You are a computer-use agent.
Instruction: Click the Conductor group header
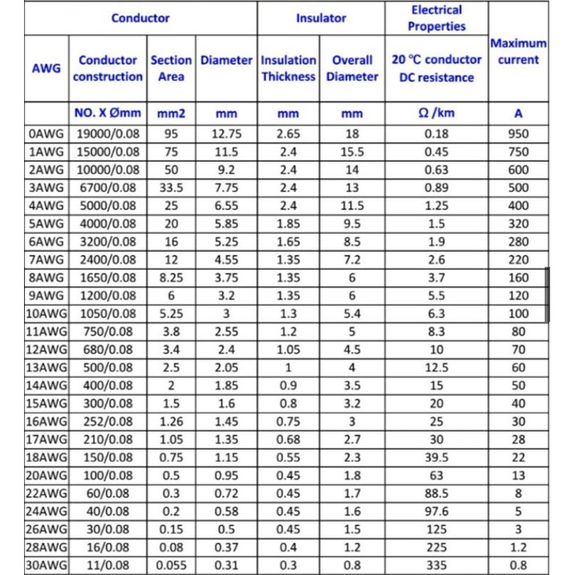pos(141,17)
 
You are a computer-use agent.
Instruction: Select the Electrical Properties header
pos(437,18)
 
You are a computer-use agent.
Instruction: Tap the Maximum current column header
pos(519,51)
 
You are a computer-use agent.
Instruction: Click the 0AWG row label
pos(47,134)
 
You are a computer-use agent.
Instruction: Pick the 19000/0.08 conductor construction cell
pos(108,134)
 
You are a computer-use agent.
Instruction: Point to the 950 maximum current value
pos(519,134)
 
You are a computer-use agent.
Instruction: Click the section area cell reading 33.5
pos(171,188)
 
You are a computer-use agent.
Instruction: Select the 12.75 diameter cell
pos(226,134)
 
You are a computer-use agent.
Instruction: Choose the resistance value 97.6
pos(437,512)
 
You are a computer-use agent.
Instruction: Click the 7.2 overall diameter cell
pos(353,260)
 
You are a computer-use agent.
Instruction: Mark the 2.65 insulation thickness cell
pos(289,134)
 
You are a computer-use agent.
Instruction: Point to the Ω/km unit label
pos(437,113)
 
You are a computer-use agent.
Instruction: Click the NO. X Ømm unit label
pos(108,113)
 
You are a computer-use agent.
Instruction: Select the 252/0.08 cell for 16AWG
pos(108,422)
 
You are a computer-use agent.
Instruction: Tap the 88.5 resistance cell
pos(437,494)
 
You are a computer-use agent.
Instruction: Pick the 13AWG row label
pos(47,368)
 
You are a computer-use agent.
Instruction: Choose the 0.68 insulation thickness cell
pos(289,440)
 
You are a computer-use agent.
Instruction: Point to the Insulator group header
pos(321,17)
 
